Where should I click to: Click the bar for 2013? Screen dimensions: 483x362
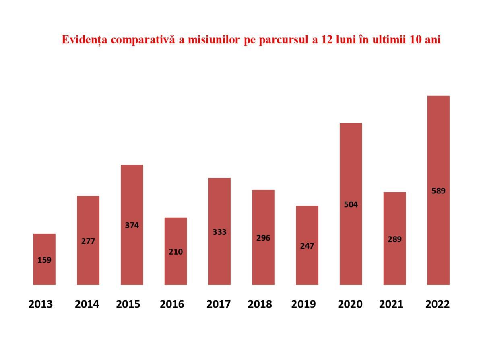[x=44, y=259]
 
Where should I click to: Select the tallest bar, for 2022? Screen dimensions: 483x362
[x=438, y=190]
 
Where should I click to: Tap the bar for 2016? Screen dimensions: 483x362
[x=175, y=251]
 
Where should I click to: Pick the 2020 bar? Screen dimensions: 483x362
[x=351, y=204]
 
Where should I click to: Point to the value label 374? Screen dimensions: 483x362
[x=132, y=225]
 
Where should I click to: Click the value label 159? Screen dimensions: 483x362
[x=44, y=260]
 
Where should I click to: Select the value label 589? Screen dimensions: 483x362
[x=438, y=191]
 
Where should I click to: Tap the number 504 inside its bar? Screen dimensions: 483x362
[x=351, y=204]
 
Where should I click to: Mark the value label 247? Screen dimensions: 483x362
[x=307, y=246]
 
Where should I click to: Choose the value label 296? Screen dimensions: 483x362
[x=263, y=238]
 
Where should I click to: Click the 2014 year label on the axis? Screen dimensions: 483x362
[x=87, y=304]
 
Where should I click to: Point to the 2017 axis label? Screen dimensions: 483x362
[x=219, y=304]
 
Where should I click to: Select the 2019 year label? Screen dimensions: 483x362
[x=303, y=304]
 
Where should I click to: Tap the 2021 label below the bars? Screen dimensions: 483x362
[x=391, y=304]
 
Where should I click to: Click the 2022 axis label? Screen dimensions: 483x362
[x=438, y=304]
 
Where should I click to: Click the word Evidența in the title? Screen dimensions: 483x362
[x=85, y=40]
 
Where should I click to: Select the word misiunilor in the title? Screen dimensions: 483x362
[x=214, y=39]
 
